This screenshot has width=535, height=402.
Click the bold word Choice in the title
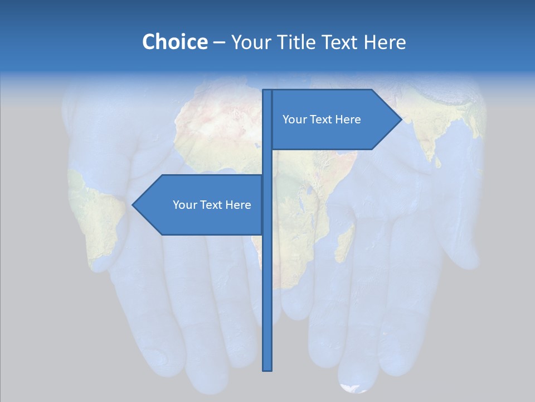click(174, 42)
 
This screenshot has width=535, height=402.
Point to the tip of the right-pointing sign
click(401, 119)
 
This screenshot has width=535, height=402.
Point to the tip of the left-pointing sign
click(133, 205)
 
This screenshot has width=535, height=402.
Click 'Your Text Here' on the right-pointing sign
click(322, 119)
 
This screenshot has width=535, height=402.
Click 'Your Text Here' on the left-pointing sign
click(212, 205)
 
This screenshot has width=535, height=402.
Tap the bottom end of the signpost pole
click(267, 369)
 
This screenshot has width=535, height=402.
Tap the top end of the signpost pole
click(267, 91)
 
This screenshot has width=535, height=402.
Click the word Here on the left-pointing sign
click(239, 205)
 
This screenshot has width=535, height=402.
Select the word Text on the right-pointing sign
click(322, 119)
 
